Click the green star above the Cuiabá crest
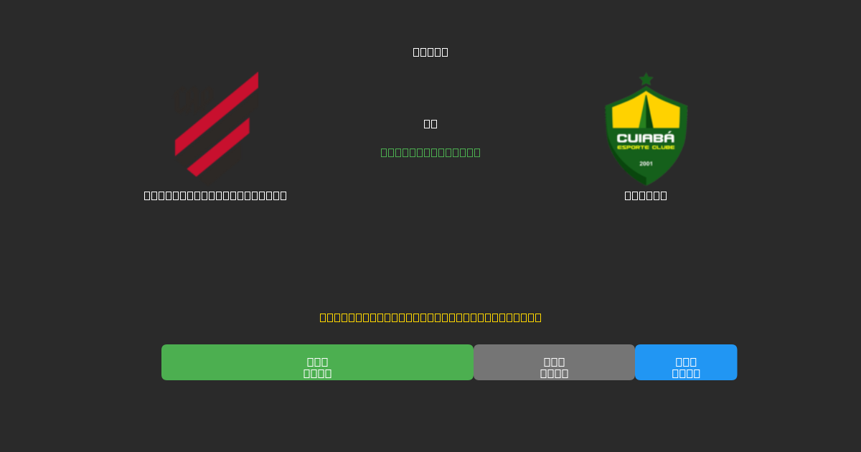[646, 79]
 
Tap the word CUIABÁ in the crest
[646, 137]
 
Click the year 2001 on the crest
[646, 164]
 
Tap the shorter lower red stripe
[219, 147]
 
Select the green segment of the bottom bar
[317, 362]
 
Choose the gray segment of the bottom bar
[554, 362]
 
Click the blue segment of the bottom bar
[686, 362]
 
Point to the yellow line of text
[430, 317]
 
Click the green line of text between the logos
[430, 152]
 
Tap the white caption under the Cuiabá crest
[646, 195]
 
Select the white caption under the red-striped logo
[215, 195]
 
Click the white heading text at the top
[430, 52]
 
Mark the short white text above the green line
[430, 123]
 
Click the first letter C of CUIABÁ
[621, 137]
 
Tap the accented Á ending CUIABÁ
[669, 136]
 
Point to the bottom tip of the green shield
[646, 184]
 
